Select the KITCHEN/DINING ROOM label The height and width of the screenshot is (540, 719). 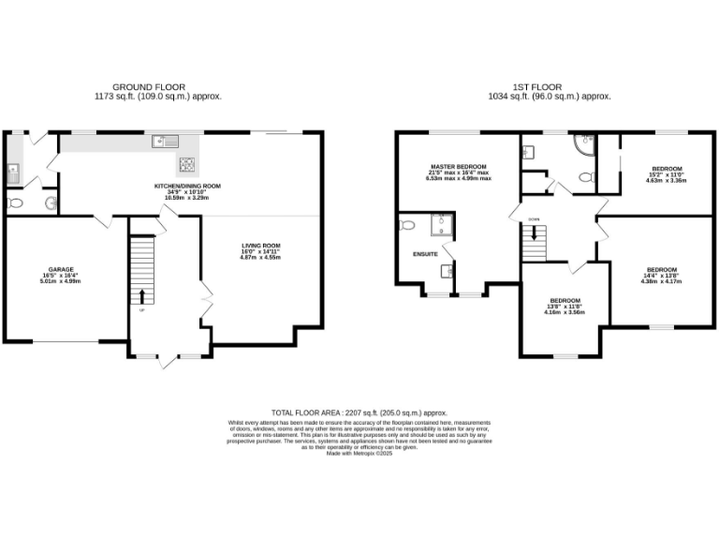coord(187,187)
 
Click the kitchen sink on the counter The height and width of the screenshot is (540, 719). coord(167,142)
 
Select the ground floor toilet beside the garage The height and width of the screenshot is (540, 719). coord(15,202)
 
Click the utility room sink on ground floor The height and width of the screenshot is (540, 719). coord(12,172)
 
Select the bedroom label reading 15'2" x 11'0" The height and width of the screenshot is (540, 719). coord(667,174)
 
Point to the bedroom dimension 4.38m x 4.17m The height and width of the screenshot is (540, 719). coord(661,281)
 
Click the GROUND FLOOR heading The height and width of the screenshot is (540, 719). coord(157,86)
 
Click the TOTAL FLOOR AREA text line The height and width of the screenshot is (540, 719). coord(359,412)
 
